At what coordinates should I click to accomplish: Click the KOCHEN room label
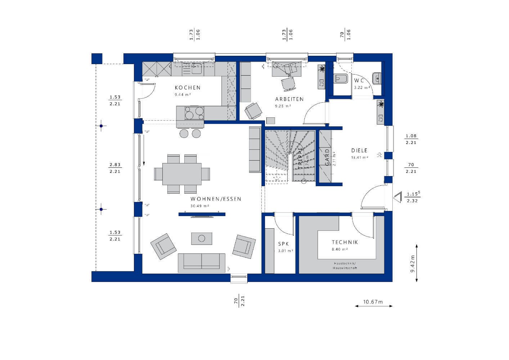click(188, 87)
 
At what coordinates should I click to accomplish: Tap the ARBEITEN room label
click(289, 99)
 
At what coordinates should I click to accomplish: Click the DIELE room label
click(359, 150)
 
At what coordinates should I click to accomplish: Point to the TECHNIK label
click(345, 242)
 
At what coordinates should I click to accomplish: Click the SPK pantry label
click(283, 244)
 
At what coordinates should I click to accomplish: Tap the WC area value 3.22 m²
click(362, 87)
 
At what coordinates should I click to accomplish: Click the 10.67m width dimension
click(373, 302)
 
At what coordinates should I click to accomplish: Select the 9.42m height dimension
click(413, 264)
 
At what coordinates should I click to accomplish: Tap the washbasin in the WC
click(377, 77)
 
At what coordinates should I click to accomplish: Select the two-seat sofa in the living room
click(202, 262)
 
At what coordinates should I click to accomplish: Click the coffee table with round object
click(202, 238)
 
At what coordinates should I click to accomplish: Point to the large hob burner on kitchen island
click(189, 115)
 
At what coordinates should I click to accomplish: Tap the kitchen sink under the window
click(196, 68)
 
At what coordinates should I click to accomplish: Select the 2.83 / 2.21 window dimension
click(115, 168)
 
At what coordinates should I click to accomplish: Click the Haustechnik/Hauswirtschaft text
click(345, 266)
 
